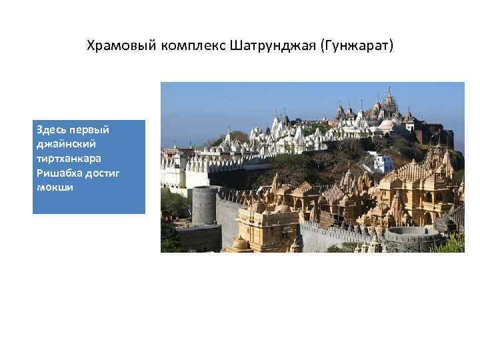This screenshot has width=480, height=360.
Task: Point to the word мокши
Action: [55, 187]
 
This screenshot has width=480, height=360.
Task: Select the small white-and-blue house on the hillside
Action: [383, 162]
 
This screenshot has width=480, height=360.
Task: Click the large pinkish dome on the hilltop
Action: [387, 125]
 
